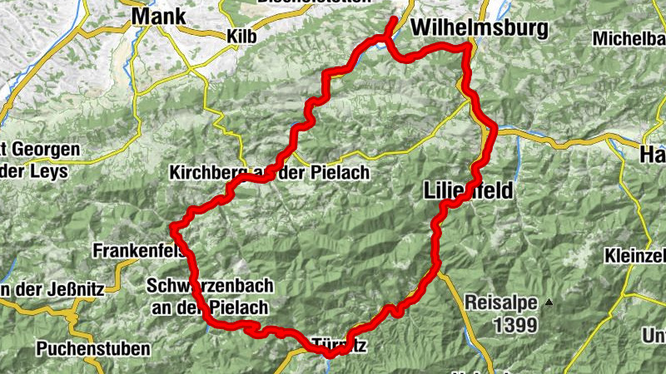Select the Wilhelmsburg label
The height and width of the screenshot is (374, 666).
(x=480, y=29)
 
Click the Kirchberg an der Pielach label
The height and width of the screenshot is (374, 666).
(x=267, y=173)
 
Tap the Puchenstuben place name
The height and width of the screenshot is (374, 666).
(x=93, y=348)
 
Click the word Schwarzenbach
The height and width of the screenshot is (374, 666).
(x=209, y=287)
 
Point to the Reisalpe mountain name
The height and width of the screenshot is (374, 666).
(x=502, y=303)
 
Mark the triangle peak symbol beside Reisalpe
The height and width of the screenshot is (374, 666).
(x=548, y=303)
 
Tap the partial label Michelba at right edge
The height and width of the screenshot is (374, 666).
(x=629, y=38)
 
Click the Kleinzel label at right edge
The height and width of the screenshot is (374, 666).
(x=636, y=253)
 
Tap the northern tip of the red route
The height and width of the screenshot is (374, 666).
(x=393, y=17)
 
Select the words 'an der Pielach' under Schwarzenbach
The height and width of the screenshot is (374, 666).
(x=210, y=308)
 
